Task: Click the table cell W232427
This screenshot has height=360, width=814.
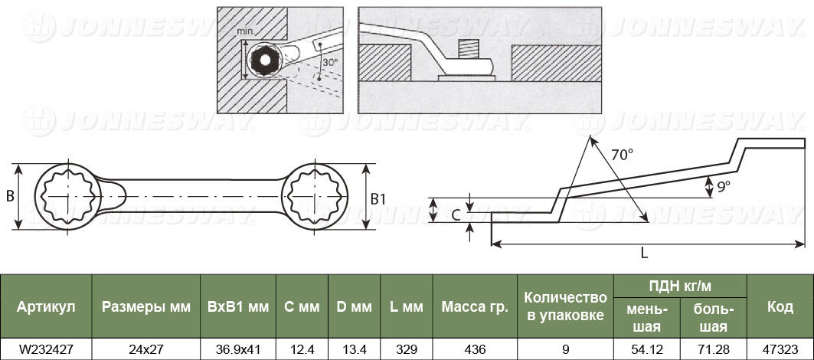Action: [x=46, y=349]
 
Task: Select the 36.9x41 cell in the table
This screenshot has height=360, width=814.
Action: [x=237, y=349]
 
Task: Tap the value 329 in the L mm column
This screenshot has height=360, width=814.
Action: [x=406, y=349]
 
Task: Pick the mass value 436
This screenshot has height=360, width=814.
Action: [x=475, y=349]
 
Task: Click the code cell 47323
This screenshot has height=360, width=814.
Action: [x=780, y=349]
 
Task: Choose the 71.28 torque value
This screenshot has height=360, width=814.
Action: [x=713, y=349]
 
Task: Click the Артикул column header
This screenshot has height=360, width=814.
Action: [x=46, y=306]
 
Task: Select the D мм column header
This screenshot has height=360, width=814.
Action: [x=354, y=306]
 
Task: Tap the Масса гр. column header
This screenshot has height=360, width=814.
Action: [x=475, y=306]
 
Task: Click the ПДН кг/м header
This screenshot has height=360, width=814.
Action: [x=680, y=286]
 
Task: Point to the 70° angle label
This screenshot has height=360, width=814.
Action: [x=622, y=154]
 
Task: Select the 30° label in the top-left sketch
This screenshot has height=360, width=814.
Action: [x=330, y=62]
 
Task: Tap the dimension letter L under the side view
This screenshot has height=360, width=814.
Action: [x=644, y=253]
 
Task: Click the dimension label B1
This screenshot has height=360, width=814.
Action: [x=378, y=198]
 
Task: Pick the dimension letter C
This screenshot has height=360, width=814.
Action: [x=455, y=214]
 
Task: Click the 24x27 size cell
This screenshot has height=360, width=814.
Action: [x=145, y=349]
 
